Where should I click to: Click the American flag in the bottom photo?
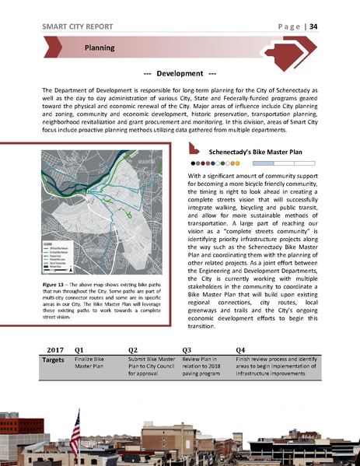point(75,429)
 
